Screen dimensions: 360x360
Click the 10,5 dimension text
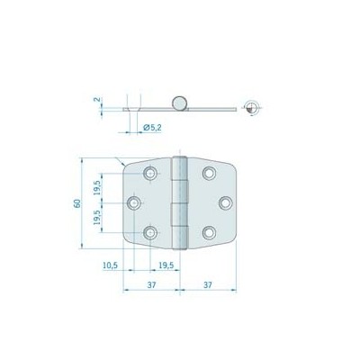[x=111, y=266]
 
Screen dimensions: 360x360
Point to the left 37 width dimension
[x=149, y=285]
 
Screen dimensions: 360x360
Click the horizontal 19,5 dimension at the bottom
[x=166, y=266]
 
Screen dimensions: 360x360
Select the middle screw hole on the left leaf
[x=133, y=203]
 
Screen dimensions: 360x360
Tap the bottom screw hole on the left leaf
[x=150, y=233]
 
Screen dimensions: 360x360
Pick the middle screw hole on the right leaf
[x=225, y=203]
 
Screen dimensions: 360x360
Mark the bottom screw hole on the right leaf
[x=208, y=233]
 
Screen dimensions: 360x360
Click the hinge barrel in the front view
[x=178, y=203]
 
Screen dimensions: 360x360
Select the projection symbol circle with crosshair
[x=255, y=108]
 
